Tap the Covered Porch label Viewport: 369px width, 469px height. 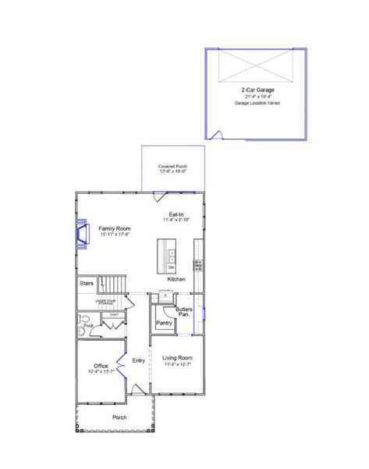tap(172, 166)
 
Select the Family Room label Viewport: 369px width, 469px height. tap(114, 228)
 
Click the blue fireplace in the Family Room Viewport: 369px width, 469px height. tap(80, 232)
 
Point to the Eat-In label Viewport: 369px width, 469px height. tap(176, 215)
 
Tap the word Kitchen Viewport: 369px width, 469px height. tap(176, 280)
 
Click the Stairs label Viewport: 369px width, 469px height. tap(87, 283)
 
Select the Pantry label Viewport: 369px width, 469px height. tap(164, 322)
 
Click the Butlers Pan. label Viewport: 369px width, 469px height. tap(185, 311)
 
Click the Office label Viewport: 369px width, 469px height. tap(101, 366)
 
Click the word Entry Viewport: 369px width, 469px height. tap(139, 360)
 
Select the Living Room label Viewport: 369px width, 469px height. tap(176, 358)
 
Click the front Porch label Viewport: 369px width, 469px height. tap(119, 417)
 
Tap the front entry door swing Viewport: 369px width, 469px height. tap(135, 388)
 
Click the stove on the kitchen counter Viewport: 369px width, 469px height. tap(197, 265)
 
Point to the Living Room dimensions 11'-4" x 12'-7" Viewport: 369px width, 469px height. tap(176, 364)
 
